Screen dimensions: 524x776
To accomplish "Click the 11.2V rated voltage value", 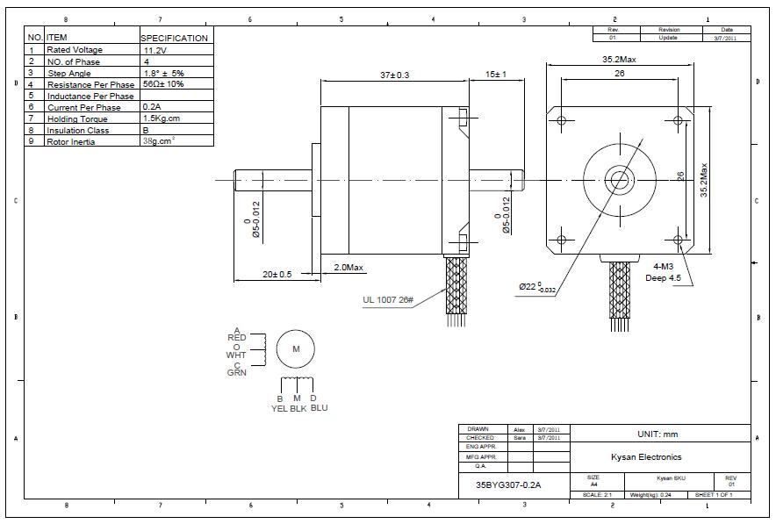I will (x=154, y=50).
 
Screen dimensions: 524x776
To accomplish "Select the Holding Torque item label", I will (x=75, y=118).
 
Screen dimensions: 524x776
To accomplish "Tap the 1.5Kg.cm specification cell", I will (x=161, y=118).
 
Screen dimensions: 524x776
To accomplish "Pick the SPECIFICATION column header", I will (x=175, y=38).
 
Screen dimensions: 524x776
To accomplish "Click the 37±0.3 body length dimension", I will (x=394, y=75).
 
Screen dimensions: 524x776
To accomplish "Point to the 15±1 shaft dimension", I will (x=496, y=75).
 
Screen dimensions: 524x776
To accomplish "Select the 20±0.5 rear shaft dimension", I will (x=276, y=274).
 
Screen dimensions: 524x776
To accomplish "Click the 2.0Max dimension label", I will (x=348, y=267).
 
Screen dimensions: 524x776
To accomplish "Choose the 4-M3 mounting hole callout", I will (x=670, y=266).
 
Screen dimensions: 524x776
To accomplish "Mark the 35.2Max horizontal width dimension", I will (x=619, y=61).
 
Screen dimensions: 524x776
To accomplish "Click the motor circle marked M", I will (x=296, y=349).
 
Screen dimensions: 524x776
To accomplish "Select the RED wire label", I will (x=236, y=337).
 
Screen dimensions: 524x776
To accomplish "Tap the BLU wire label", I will (x=319, y=407).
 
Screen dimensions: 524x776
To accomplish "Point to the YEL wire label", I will (x=279, y=407).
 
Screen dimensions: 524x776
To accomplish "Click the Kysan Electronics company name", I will (x=646, y=456).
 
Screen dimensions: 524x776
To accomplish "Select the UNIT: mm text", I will (x=657, y=434).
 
